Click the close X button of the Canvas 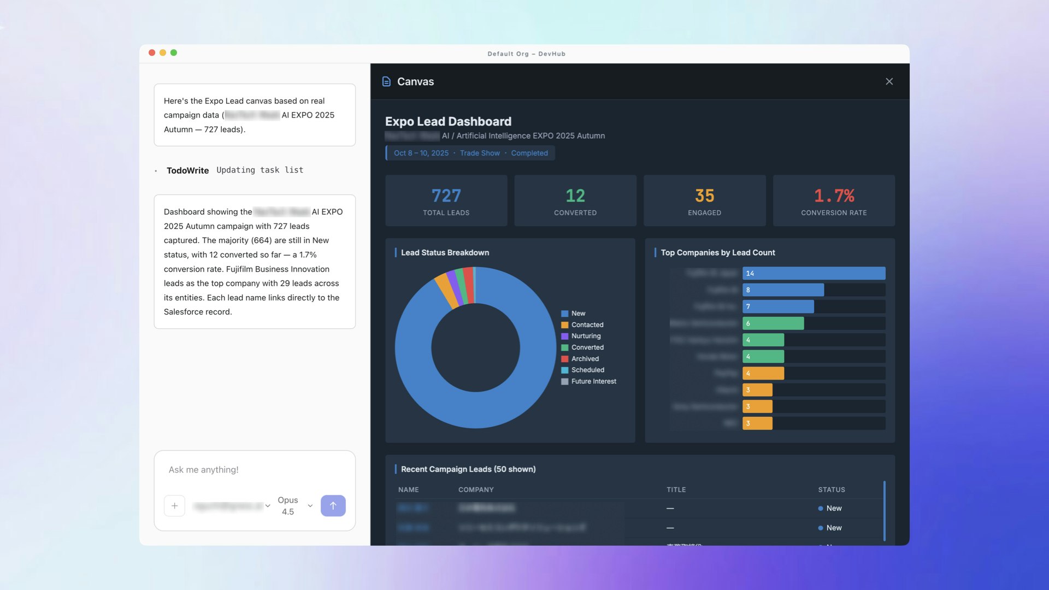pyautogui.click(x=889, y=81)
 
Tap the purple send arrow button pyautogui.click(x=333, y=506)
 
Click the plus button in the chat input pyautogui.click(x=174, y=506)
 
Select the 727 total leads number pyautogui.click(x=446, y=196)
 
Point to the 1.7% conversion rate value pyautogui.click(x=834, y=196)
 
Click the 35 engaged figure pyautogui.click(x=704, y=196)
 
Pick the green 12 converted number pyautogui.click(x=575, y=196)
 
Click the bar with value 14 pyautogui.click(x=814, y=273)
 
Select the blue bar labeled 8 pyautogui.click(x=783, y=290)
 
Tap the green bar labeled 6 pyautogui.click(x=773, y=323)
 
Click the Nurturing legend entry pyautogui.click(x=586, y=336)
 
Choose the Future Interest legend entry pyautogui.click(x=593, y=381)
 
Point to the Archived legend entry pyautogui.click(x=585, y=359)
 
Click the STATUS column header pyautogui.click(x=831, y=489)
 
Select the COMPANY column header pyautogui.click(x=476, y=489)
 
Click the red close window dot pyautogui.click(x=152, y=53)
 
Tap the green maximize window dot pyautogui.click(x=174, y=53)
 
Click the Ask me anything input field pyautogui.click(x=254, y=470)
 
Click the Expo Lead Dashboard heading pyautogui.click(x=448, y=121)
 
